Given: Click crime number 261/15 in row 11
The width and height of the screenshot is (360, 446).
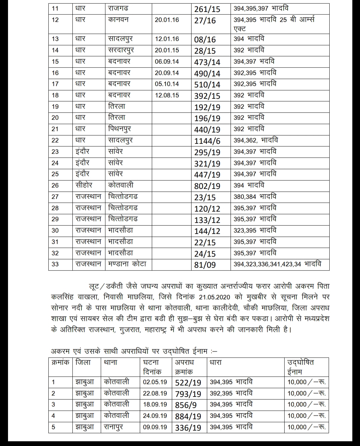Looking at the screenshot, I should [207, 9].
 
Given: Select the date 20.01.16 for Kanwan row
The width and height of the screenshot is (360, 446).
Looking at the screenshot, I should [167, 20].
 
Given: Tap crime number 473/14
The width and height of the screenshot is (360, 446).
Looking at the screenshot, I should [207, 62].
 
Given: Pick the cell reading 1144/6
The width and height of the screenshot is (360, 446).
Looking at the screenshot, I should [207, 141].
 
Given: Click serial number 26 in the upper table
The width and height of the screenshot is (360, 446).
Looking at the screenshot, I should [55, 186].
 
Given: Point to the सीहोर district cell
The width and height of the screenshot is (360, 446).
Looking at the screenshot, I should [84, 185].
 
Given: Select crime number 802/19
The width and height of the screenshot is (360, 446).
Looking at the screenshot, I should [207, 186].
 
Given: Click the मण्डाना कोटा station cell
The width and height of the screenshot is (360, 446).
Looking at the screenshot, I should [127, 264].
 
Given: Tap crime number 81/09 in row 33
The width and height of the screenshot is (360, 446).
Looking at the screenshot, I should [205, 265].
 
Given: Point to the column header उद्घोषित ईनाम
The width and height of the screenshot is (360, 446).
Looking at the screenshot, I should [301, 367].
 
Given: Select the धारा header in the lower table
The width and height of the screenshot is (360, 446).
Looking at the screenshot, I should [216, 362].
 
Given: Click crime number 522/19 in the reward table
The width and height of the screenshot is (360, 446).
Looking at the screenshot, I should [188, 383].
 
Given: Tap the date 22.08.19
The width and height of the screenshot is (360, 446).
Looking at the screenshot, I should [155, 393].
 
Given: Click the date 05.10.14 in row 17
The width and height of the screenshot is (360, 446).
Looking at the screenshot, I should [167, 84].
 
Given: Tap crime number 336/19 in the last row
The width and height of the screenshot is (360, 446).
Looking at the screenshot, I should [188, 428].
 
